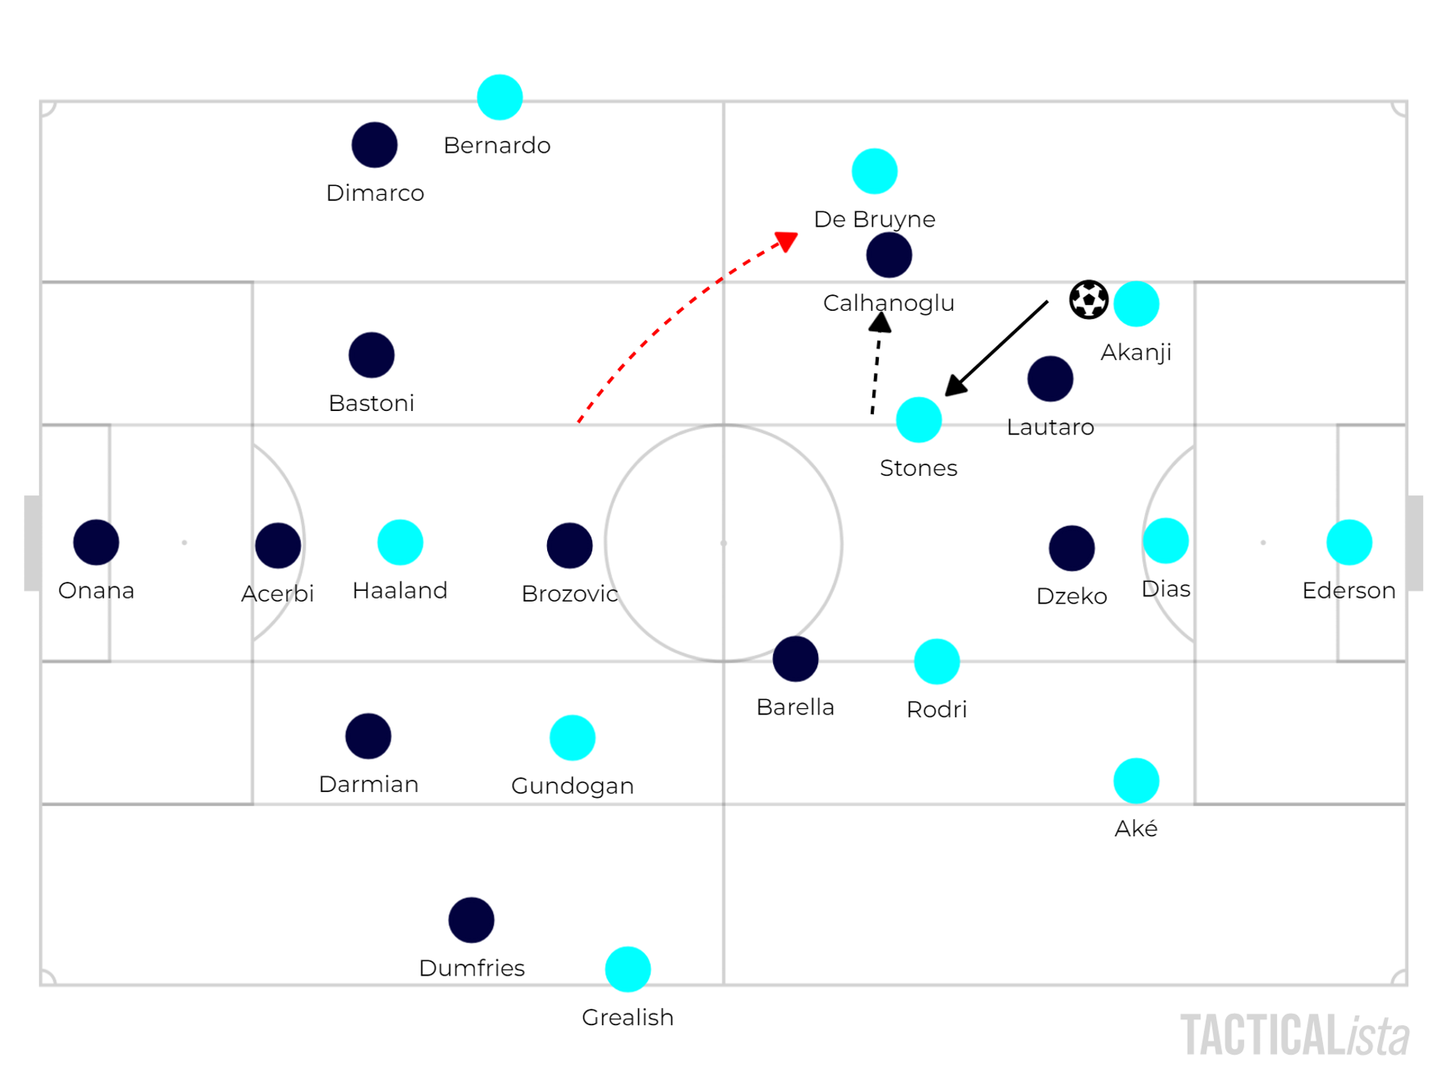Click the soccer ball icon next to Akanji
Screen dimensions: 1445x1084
coord(1088,300)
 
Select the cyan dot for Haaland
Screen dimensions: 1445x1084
coord(400,542)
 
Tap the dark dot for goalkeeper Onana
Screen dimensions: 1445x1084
coord(96,542)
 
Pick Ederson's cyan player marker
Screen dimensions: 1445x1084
coord(1349,542)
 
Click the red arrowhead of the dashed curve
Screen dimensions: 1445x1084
coord(787,241)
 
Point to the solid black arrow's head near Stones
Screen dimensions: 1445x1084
coord(954,386)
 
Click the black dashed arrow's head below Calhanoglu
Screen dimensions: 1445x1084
coord(880,323)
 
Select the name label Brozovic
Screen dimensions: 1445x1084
coord(570,593)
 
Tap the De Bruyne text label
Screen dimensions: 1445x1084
coord(875,219)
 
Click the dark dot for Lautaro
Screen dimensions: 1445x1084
coord(1050,379)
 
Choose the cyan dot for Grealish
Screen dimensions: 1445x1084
coord(628,969)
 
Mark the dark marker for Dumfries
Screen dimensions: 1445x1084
coord(471,920)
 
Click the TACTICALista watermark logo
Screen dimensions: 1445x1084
coord(1294,1036)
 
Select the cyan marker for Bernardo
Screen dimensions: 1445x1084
coord(500,97)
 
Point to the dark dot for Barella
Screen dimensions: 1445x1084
coord(796,659)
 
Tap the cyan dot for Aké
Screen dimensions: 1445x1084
coord(1136,781)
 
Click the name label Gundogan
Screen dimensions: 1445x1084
coord(572,786)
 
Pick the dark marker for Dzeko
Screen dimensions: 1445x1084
coord(1072,548)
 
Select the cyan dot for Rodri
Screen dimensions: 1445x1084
coord(936,662)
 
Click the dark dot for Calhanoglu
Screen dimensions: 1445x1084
coord(889,255)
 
